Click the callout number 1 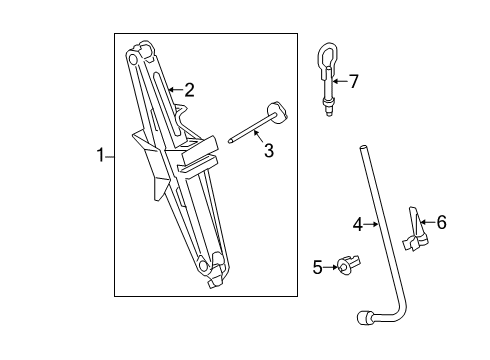[x=100, y=155]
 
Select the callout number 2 [x=188, y=89]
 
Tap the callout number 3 [x=268, y=150]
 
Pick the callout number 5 [x=318, y=266]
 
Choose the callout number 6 [x=441, y=222]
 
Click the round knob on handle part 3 [x=276, y=109]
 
